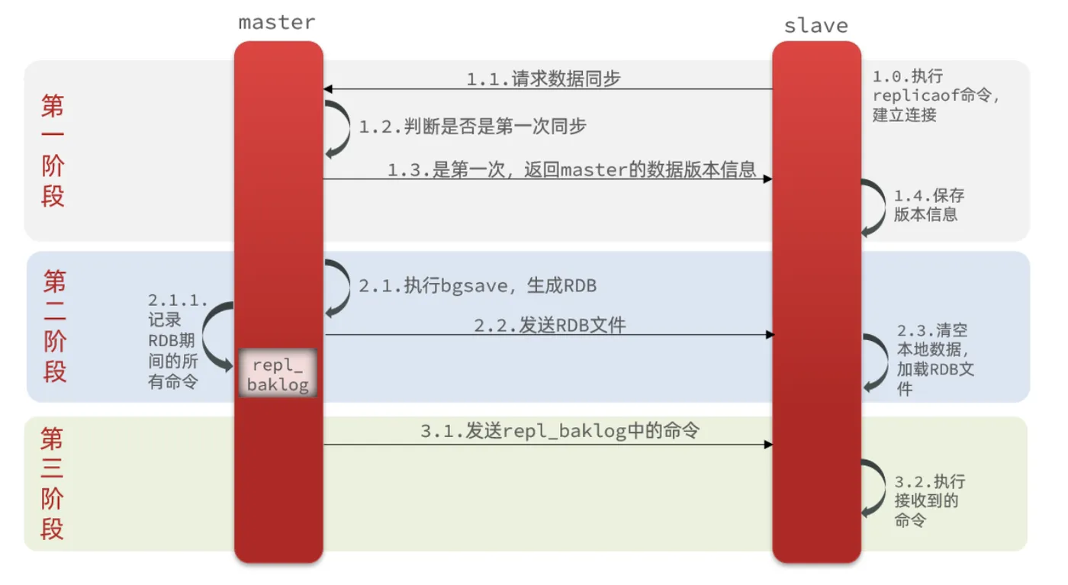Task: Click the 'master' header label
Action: [x=277, y=22]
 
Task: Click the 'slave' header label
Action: [x=816, y=25]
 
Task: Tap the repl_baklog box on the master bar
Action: [x=278, y=373]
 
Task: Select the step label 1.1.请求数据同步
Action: [x=543, y=79]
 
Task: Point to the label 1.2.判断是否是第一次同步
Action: [x=472, y=127]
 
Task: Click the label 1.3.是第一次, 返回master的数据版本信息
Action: [x=571, y=169]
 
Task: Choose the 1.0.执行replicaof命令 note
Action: [x=935, y=95]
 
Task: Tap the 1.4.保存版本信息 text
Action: [x=929, y=205]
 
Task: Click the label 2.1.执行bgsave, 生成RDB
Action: [x=478, y=285]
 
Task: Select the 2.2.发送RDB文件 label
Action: [x=550, y=325]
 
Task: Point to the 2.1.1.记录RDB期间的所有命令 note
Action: [x=178, y=341]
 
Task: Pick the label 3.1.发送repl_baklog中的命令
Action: [x=560, y=430]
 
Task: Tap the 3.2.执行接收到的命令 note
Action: [x=930, y=500]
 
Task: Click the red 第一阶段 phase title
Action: [x=53, y=150]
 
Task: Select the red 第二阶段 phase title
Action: [x=55, y=326]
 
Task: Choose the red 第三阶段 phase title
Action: [x=52, y=484]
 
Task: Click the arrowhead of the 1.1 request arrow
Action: [x=327, y=88]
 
